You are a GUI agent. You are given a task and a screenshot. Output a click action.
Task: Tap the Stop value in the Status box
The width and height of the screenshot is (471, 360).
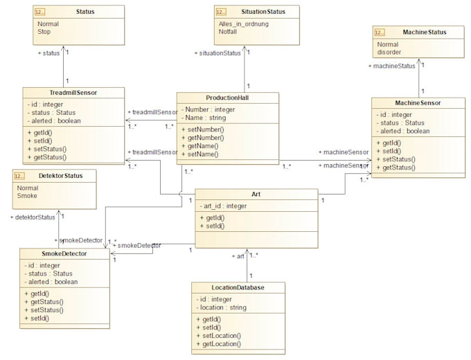44,31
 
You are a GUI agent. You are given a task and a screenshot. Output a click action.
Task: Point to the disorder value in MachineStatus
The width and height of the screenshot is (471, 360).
389,52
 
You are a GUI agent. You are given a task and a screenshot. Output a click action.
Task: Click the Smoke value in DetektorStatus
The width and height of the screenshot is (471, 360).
28,196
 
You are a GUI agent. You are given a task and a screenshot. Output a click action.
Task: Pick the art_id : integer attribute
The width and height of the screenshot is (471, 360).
224,206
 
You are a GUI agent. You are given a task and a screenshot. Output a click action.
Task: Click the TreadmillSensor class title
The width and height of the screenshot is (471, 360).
73,93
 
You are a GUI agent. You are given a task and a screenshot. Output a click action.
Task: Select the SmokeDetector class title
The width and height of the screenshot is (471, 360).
64,253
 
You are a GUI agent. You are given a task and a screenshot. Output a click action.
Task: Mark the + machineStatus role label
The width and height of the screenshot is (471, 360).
392,66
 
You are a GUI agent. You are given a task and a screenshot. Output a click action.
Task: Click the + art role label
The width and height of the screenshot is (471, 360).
238,256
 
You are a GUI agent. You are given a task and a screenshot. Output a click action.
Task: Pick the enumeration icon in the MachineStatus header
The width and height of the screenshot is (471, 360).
380,32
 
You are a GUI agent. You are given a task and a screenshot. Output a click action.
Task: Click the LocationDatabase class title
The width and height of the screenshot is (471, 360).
238,287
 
